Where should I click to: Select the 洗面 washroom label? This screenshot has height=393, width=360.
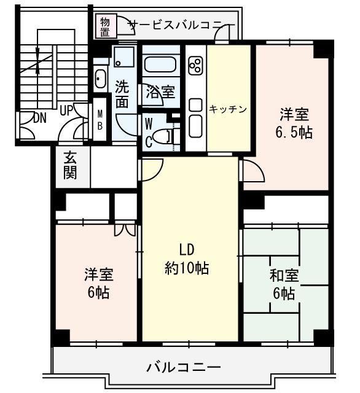[x=122, y=95]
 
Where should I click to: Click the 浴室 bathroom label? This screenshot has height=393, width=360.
[x=160, y=93]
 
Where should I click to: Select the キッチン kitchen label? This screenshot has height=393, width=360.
[x=228, y=109]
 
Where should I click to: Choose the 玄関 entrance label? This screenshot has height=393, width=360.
[x=70, y=165]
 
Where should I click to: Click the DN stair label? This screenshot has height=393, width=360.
[x=39, y=117]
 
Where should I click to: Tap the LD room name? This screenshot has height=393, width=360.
[x=187, y=249]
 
